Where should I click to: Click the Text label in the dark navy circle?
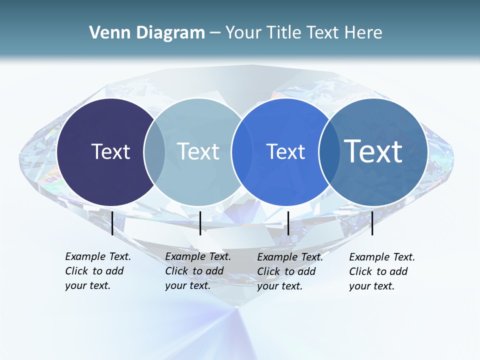click(110, 151)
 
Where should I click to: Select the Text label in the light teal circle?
click(198, 151)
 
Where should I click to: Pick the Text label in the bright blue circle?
click(285, 151)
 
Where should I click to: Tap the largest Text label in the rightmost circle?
click(373, 151)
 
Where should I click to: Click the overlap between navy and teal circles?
click(154, 152)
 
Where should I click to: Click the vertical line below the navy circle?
click(112, 223)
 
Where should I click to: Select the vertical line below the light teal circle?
click(200, 223)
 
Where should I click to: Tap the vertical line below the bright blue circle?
click(288, 223)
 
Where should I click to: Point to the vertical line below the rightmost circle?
click(372, 223)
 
